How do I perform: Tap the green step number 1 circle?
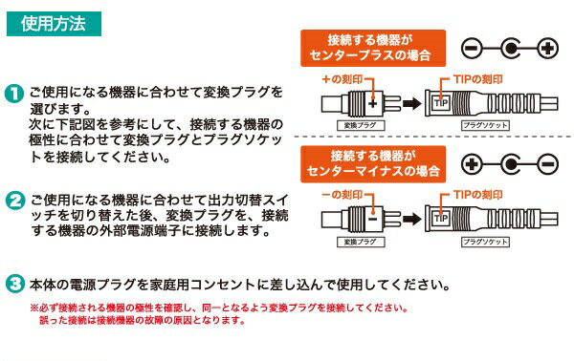click(15, 94)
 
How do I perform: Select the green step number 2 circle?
click(15, 202)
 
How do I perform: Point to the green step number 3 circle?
click(15, 285)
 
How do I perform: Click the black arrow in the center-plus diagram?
click(410, 101)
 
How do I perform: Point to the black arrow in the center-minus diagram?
click(410, 213)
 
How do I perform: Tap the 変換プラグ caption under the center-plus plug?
click(355, 125)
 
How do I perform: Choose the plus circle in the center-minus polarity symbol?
click(472, 164)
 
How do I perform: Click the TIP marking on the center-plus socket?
click(441, 101)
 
